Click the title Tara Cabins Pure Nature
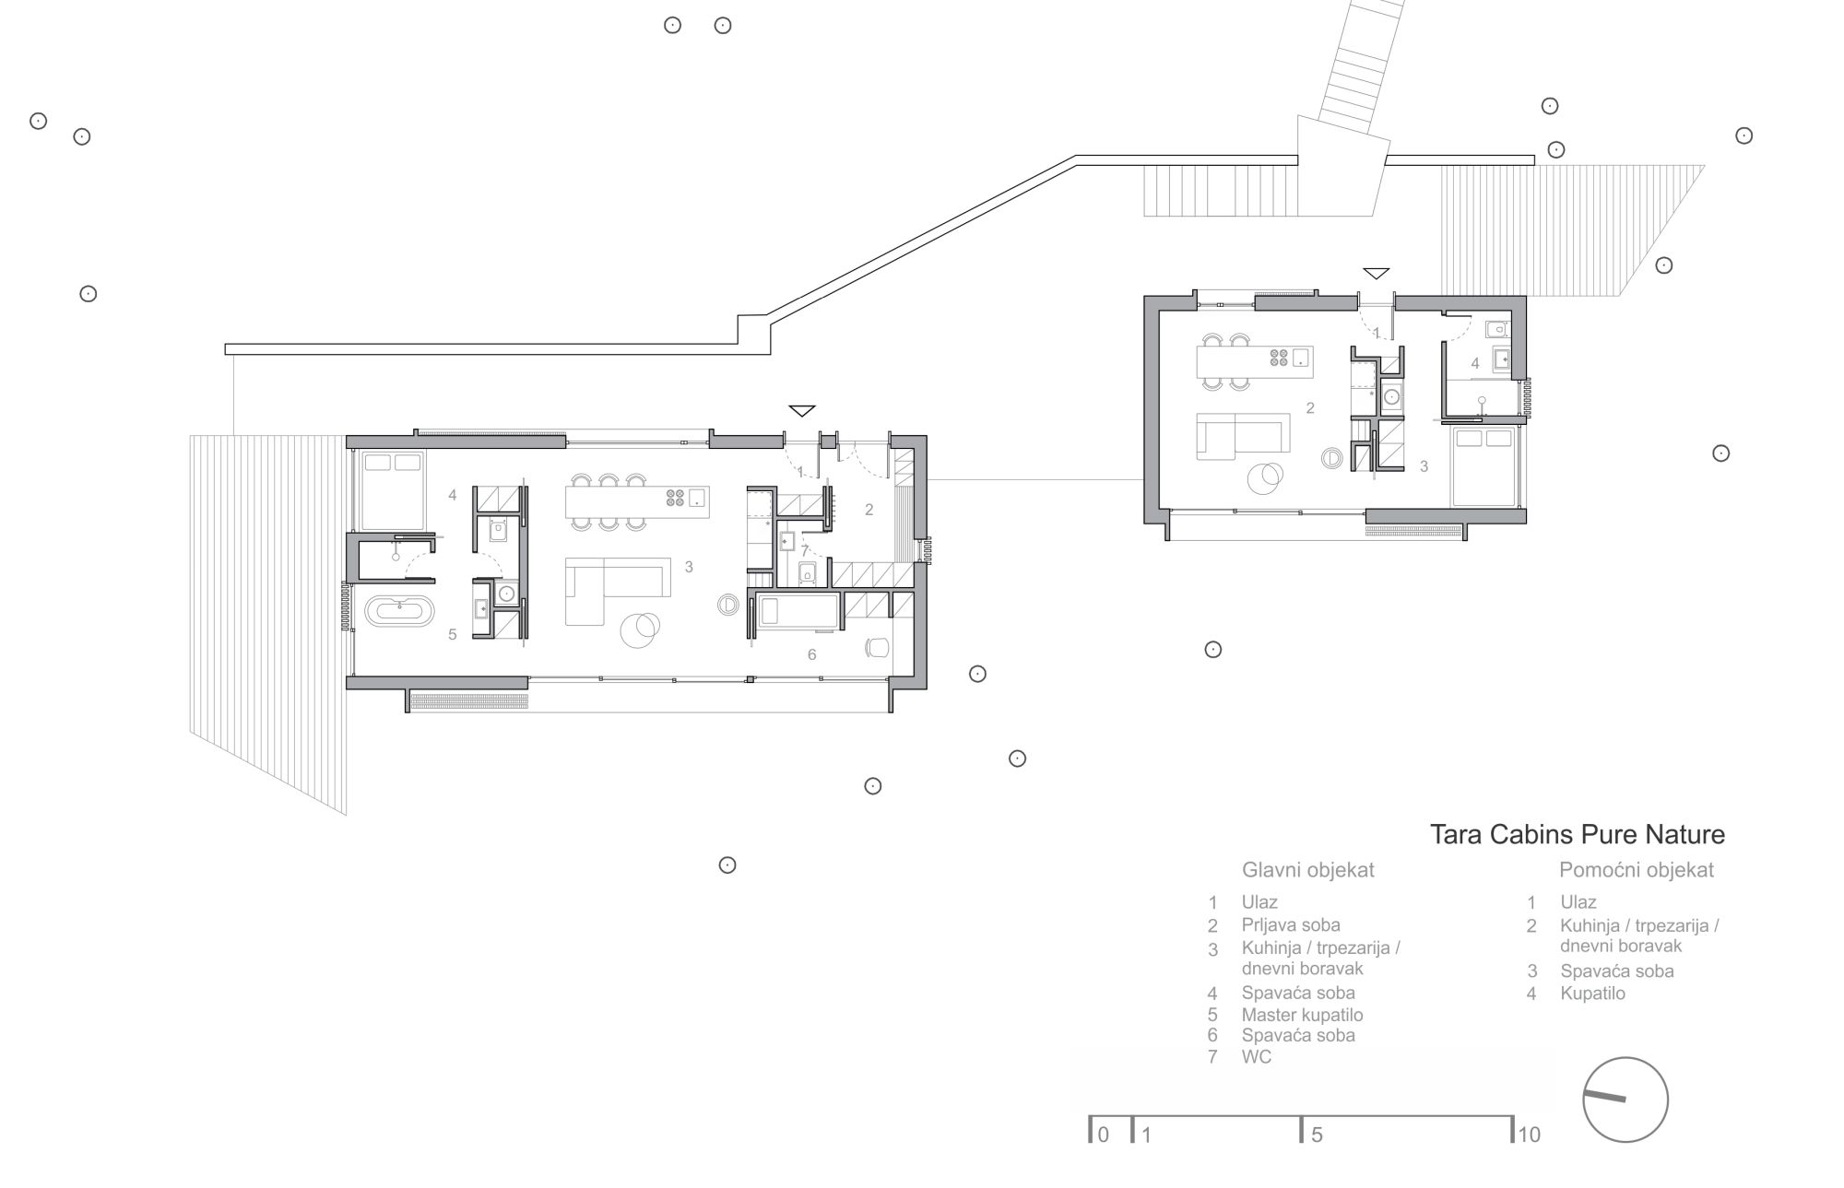pos(1577,835)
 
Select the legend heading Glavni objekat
pos(1307,870)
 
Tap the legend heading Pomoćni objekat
pos(1637,870)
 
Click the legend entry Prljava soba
pos(1291,925)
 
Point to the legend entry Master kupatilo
pos(1302,1015)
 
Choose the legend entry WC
pos(1257,1057)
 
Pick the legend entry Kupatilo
pos(1593,994)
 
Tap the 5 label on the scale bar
pos(1317,1135)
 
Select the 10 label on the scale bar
pos(1529,1135)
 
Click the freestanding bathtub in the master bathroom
pos(398,611)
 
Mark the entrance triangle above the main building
pos(802,410)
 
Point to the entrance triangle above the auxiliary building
pos(1377,274)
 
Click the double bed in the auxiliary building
pos(1483,466)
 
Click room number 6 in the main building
pos(812,654)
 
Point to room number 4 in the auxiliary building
pos(1475,363)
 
